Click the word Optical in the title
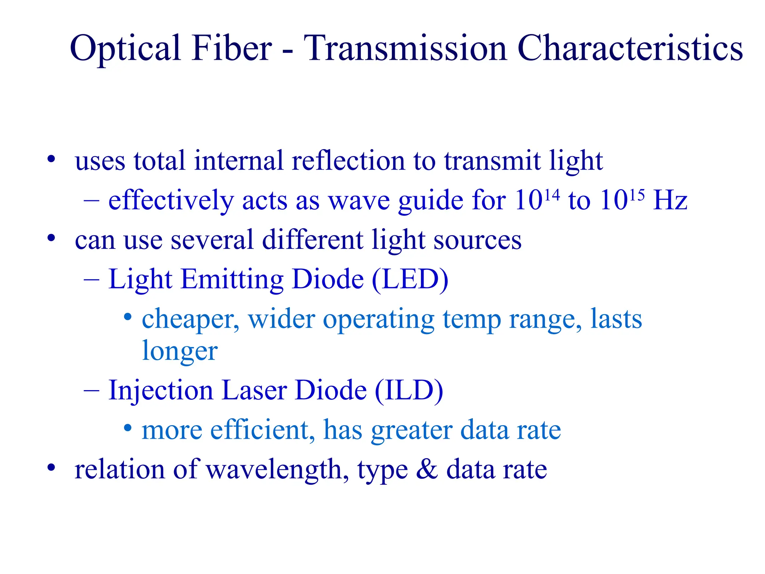tap(125, 49)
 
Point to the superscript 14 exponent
tap(552, 195)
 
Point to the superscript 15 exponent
tap(637, 195)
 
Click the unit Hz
tap(670, 200)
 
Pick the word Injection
tap(161, 391)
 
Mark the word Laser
tap(254, 390)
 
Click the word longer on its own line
tap(180, 352)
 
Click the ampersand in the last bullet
tap(427, 469)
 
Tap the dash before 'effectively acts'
tap(92, 201)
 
